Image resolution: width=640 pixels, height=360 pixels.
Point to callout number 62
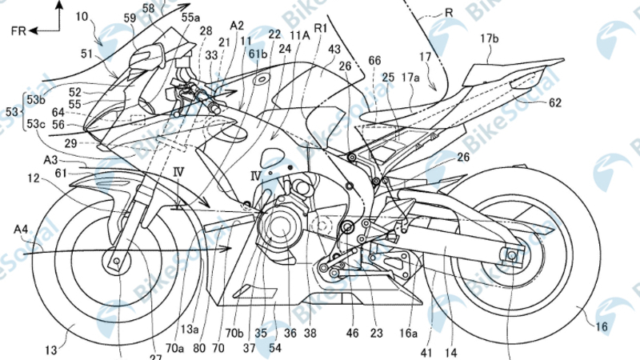554,102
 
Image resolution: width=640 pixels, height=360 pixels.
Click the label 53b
35,99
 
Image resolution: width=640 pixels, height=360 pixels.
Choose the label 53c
35,124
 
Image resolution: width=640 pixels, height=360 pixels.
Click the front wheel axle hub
112,261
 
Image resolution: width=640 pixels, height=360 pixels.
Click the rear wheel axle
510,255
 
